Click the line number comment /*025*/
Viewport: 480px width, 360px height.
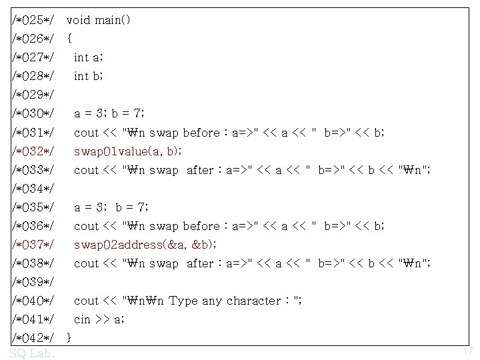(x=33, y=20)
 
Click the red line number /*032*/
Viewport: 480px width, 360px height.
(x=33, y=151)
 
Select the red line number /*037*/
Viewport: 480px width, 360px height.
(x=33, y=244)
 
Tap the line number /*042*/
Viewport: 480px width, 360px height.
(x=33, y=337)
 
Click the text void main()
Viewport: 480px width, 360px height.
(x=99, y=20)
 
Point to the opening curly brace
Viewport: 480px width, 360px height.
(x=70, y=39)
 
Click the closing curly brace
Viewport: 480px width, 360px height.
(x=70, y=337)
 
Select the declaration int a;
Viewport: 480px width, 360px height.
(x=88, y=57)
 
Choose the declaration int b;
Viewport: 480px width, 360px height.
(x=88, y=76)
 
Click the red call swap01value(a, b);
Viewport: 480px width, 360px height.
(x=127, y=151)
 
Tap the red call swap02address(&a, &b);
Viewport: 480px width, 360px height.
(x=145, y=244)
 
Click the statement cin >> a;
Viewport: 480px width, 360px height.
(x=99, y=319)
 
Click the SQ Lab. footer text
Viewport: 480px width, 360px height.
(x=33, y=352)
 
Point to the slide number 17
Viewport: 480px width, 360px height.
(x=467, y=351)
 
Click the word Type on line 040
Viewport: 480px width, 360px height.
(x=183, y=300)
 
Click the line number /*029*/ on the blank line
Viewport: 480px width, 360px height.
(x=33, y=95)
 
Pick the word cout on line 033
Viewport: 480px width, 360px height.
(x=86, y=169)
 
